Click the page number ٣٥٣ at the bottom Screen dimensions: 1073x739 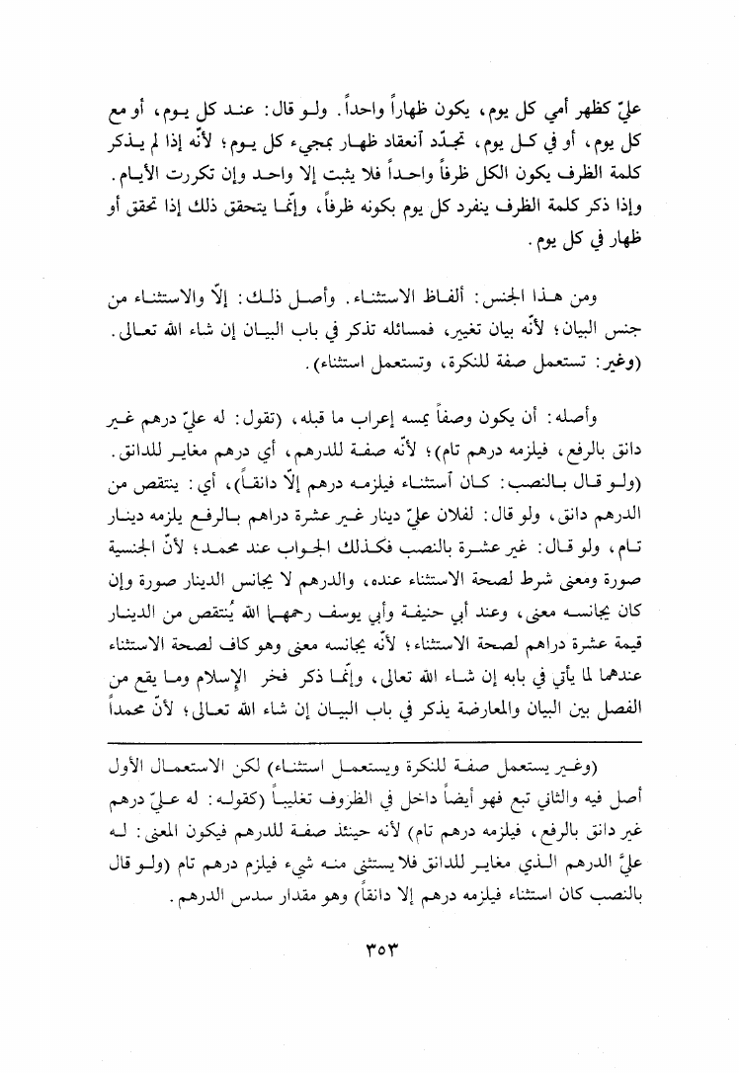(370, 956)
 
